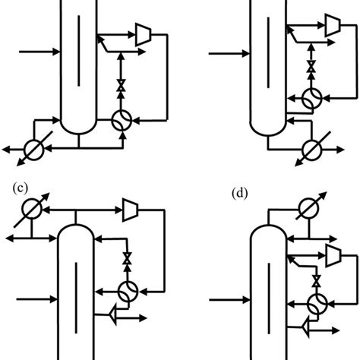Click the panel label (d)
pos(239,193)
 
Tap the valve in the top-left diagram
pos(119,87)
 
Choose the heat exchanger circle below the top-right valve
pos(309,99)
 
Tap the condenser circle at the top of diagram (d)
pos(309,207)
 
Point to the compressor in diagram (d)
pos(332,251)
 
